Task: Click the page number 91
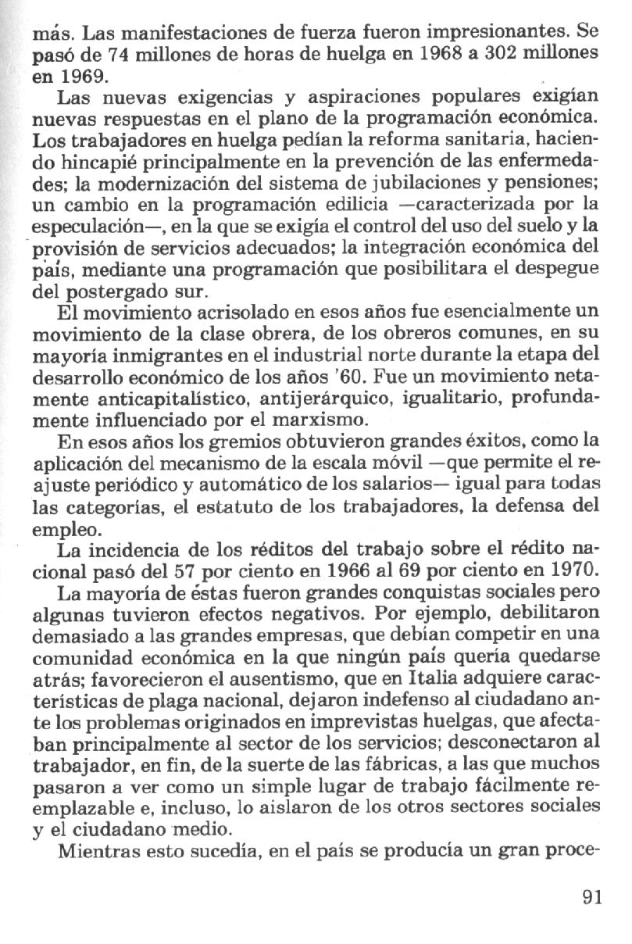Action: pos(592,897)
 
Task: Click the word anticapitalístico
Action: pos(156,400)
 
